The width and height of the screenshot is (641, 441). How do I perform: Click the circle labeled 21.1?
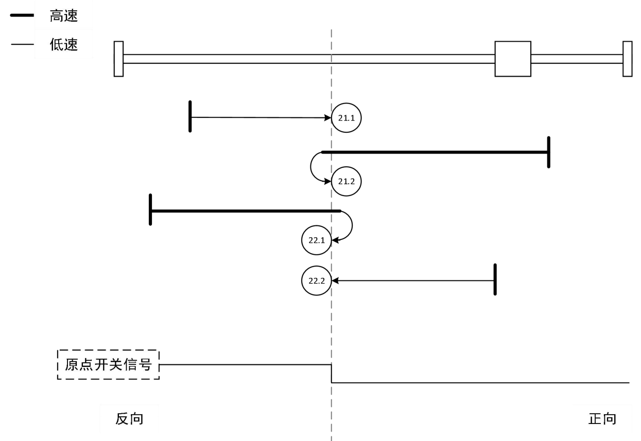click(x=347, y=118)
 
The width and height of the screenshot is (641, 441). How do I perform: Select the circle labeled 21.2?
click(x=347, y=181)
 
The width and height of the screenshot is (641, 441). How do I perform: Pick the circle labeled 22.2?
click(x=317, y=280)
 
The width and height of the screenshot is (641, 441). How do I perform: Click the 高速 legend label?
click(x=64, y=16)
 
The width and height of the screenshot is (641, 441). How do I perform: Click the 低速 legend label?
click(x=64, y=45)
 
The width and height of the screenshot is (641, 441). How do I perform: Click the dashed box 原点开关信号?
click(x=108, y=365)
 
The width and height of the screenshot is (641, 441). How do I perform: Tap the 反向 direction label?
click(x=129, y=419)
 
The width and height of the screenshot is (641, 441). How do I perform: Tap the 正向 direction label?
click(x=602, y=419)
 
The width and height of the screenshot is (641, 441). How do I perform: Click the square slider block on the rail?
click(x=513, y=59)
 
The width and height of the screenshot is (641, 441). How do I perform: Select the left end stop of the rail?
click(x=118, y=59)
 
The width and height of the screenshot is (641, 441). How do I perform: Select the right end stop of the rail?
click(x=627, y=59)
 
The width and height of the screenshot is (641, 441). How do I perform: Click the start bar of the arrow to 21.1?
click(x=190, y=117)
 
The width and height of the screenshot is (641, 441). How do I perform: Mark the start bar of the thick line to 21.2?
click(x=549, y=152)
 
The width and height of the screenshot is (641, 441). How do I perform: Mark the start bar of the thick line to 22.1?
click(x=150, y=210)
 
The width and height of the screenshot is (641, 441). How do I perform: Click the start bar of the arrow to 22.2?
click(x=495, y=279)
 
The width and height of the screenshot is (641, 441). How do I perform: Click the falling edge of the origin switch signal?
click(x=331, y=374)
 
